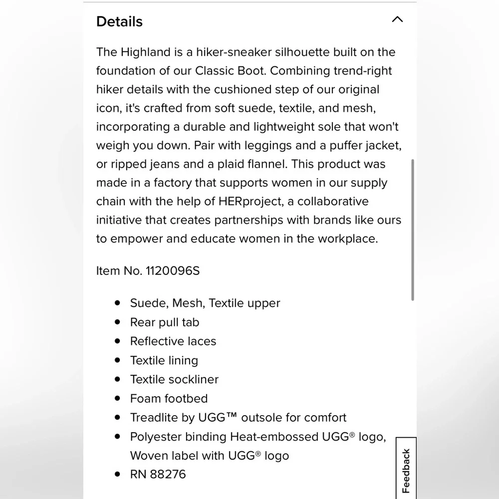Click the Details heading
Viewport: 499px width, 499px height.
[119, 21]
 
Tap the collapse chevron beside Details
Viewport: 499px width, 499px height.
[397, 19]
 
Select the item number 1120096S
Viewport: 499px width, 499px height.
[172, 270]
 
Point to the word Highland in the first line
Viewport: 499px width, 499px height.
[147, 52]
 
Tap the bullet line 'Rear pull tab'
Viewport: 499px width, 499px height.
[164, 322]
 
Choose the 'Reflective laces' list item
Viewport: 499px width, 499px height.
[173, 341]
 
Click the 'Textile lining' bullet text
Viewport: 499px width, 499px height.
[164, 360]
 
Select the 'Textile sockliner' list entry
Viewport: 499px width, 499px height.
[174, 379]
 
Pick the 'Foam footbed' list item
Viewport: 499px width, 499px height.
[169, 398]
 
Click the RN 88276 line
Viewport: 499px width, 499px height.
[158, 474]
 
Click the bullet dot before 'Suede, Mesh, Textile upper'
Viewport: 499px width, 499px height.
[117, 303]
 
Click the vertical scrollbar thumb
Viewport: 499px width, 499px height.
[413, 230]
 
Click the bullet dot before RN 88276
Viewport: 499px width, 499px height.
[117, 474]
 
